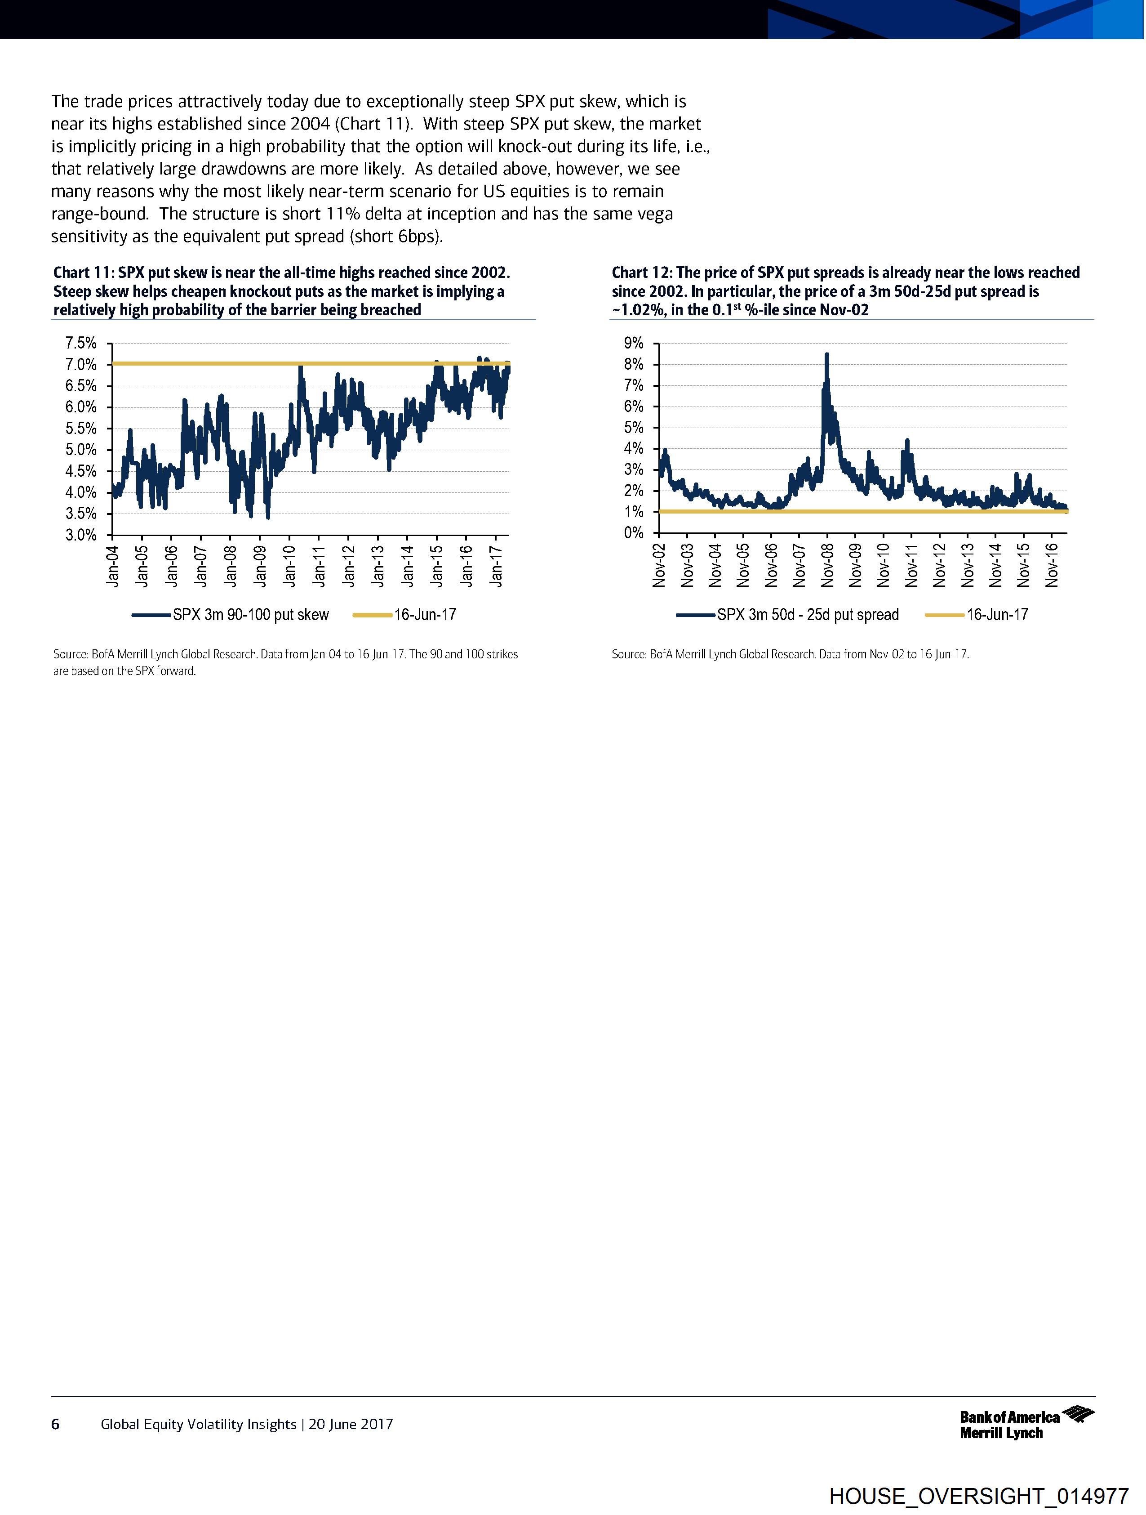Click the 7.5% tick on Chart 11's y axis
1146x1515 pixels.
pos(81,343)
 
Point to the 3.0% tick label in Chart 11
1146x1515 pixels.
pos(81,535)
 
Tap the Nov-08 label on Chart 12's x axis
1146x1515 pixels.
pos(827,566)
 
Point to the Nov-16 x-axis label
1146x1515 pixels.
pos(1052,566)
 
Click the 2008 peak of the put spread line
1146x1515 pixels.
pos(827,355)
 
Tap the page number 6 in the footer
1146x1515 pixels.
pos(55,1424)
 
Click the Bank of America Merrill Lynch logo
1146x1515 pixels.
pos(1026,1423)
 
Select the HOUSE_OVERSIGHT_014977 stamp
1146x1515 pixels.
pos(978,1495)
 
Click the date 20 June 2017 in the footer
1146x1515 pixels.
pos(351,1424)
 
